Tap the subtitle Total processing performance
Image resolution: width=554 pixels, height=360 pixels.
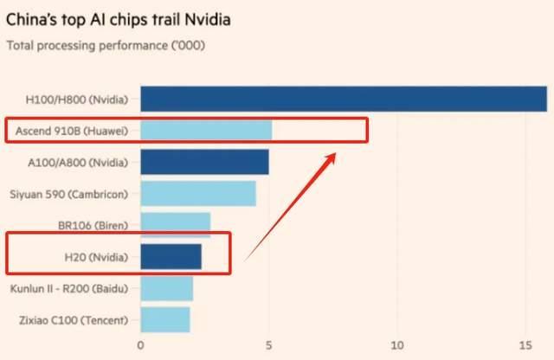106,45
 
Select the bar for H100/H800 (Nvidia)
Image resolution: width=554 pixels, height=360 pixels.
343,99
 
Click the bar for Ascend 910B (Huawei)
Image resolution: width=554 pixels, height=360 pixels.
205,131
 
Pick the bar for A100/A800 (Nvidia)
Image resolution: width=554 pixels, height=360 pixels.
204,162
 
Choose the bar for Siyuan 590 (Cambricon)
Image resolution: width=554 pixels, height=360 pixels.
197,193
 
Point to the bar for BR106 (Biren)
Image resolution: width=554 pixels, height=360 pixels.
175,224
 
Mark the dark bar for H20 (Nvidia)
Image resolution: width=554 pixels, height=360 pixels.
171,257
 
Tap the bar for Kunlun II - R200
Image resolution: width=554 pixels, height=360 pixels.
166,288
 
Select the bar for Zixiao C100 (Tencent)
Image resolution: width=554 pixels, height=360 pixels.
164,319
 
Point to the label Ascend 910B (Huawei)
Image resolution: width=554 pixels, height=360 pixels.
72,132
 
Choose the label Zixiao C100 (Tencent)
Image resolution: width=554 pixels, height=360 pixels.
73,320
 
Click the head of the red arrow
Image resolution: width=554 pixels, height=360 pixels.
335,156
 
